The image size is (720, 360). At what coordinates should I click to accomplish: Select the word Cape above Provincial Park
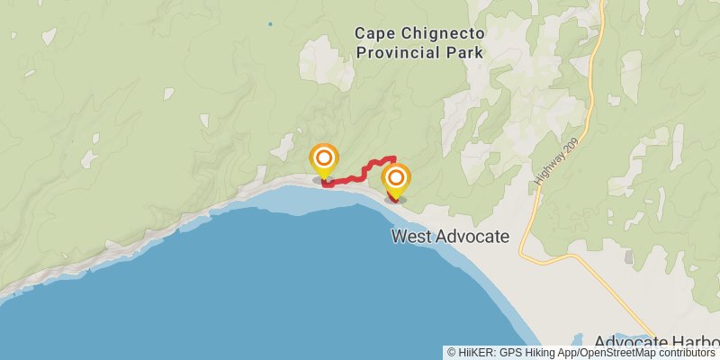[x=373, y=33]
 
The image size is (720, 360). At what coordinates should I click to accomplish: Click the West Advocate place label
[x=450, y=237]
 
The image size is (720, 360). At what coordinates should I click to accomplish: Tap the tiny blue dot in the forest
[x=269, y=23]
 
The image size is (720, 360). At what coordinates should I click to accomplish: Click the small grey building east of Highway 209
[x=627, y=256]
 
